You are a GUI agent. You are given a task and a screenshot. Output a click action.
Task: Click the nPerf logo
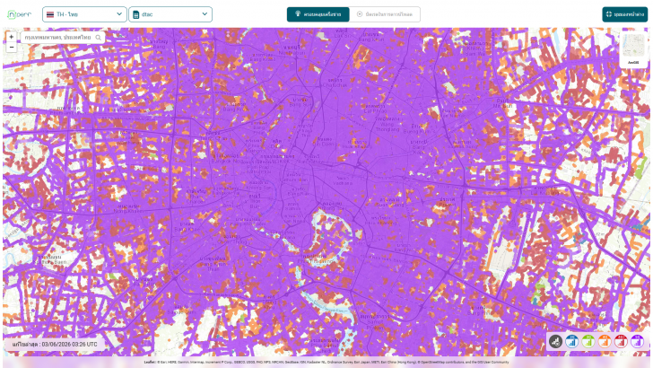pyautogui.click(x=20, y=14)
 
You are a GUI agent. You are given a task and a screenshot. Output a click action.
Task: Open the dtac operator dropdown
pyautogui.click(x=170, y=14)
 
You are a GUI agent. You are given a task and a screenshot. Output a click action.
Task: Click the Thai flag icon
pyautogui.click(x=48, y=14)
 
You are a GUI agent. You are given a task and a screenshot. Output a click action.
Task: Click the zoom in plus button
pyautogui.click(x=11, y=37)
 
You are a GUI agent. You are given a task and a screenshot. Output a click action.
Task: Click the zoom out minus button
pyautogui.click(x=11, y=48)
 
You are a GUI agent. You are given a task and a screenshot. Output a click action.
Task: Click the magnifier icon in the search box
pyautogui.click(x=98, y=38)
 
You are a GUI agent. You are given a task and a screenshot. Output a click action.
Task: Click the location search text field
pyautogui.click(x=58, y=38)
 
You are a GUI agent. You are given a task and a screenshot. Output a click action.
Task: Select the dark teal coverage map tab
pyautogui.click(x=318, y=14)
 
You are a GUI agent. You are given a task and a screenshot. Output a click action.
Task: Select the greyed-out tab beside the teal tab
pyautogui.click(x=385, y=14)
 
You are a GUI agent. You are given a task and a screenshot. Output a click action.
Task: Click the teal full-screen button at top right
pyautogui.click(x=625, y=14)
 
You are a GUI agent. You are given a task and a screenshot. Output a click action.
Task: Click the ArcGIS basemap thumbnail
pyautogui.click(x=634, y=48)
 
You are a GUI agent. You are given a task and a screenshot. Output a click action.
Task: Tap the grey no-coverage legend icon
pyautogui.click(x=556, y=342)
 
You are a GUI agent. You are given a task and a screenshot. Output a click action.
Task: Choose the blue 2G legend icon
pyautogui.click(x=572, y=342)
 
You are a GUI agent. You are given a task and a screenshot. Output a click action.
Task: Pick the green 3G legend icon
pyautogui.click(x=588, y=342)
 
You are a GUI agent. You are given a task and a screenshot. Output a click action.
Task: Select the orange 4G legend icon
pyautogui.click(x=605, y=342)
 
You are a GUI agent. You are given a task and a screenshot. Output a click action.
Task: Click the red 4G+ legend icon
pyautogui.click(x=621, y=342)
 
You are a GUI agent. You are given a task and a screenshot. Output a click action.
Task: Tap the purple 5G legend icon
pyautogui.click(x=637, y=342)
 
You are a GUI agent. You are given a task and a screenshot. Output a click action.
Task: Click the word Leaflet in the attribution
pyautogui.click(x=149, y=362)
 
